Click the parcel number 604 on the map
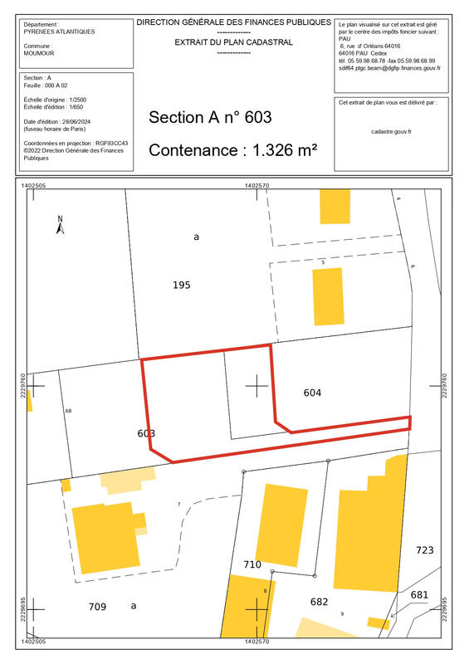[312, 392]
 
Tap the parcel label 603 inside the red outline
[146, 433]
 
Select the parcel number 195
[182, 285]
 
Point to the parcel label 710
[252, 564]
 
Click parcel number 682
[320, 602]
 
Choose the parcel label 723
[424, 550]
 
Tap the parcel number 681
[419, 594]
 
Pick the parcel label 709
[98, 607]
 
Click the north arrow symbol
[60, 224]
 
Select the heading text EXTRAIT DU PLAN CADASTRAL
[233, 41]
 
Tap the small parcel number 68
[68, 411]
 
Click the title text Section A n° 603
[209, 118]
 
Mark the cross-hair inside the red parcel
[256, 385]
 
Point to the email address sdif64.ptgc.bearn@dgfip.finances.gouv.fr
[389, 68]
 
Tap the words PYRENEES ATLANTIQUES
[60, 32]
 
